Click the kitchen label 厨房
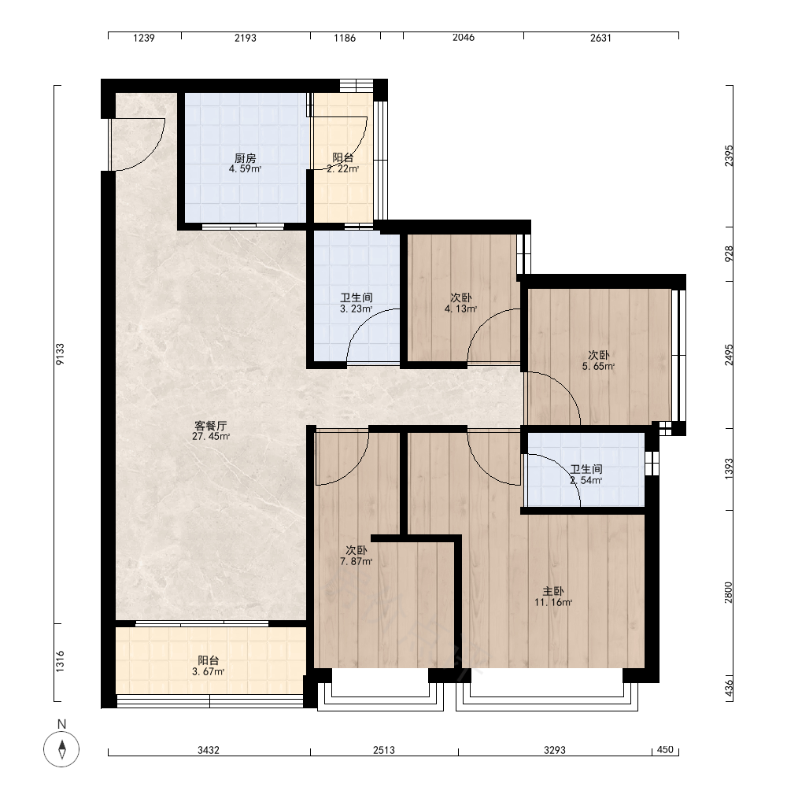(x=246, y=158)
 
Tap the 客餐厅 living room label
(x=211, y=426)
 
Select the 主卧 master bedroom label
(x=553, y=591)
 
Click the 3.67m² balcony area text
(x=209, y=671)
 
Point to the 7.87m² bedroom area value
(x=357, y=562)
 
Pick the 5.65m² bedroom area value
(x=598, y=367)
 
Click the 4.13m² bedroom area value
(x=460, y=309)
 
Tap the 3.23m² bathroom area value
(x=357, y=309)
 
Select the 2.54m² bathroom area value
(x=586, y=480)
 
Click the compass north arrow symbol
(x=61, y=749)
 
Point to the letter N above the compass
(x=61, y=724)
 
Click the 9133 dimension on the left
(x=61, y=354)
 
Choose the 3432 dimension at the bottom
(x=209, y=750)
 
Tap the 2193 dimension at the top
(x=246, y=38)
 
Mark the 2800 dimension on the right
(x=729, y=593)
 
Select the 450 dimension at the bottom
(x=665, y=749)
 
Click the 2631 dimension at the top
(x=600, y=38)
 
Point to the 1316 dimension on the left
(x=61, y=662)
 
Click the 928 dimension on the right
(x=729, y=253)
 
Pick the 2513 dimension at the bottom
(x=384, y=750)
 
